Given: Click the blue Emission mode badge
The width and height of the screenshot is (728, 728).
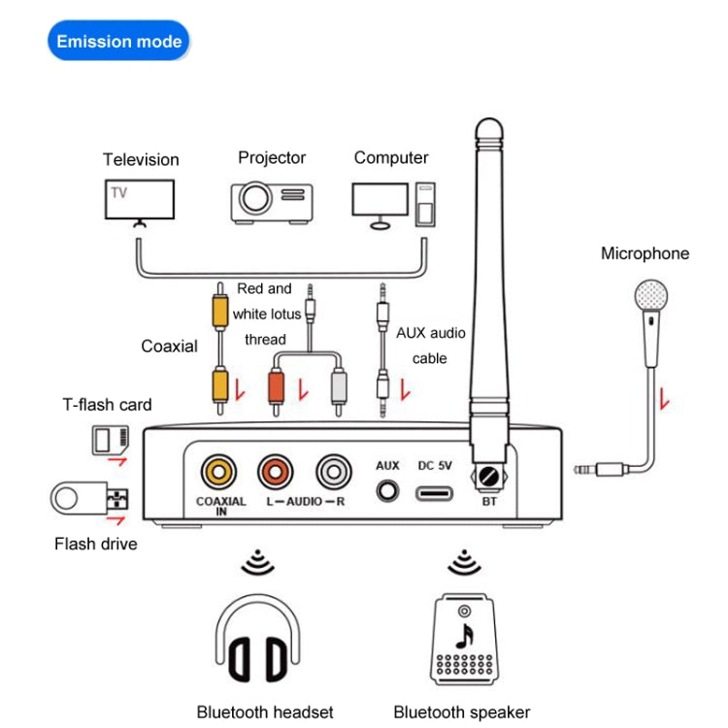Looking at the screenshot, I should point(118,41).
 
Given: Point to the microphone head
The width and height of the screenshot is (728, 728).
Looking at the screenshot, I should point(649,296).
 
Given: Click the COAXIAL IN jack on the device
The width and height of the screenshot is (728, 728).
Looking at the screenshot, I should point(218,473).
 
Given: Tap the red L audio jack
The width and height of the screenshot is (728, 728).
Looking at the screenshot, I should point(276,473).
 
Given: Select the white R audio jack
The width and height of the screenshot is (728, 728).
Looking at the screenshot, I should point(334,473).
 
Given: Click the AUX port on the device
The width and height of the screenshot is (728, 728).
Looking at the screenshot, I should point(388,490).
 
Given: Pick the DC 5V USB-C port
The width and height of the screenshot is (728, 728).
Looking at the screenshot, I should point(435,492).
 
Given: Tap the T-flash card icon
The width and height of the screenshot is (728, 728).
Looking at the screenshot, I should point(109,441).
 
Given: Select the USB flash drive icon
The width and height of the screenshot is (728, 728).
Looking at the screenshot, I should point(88,500).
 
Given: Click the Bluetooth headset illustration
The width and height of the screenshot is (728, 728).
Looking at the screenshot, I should point(257,641).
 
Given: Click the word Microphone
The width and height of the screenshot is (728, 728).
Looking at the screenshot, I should point(645,254).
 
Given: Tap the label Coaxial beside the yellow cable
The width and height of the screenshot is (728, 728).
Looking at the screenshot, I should point(169,347).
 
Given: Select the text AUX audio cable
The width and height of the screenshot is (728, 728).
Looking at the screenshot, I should point(430,346).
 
